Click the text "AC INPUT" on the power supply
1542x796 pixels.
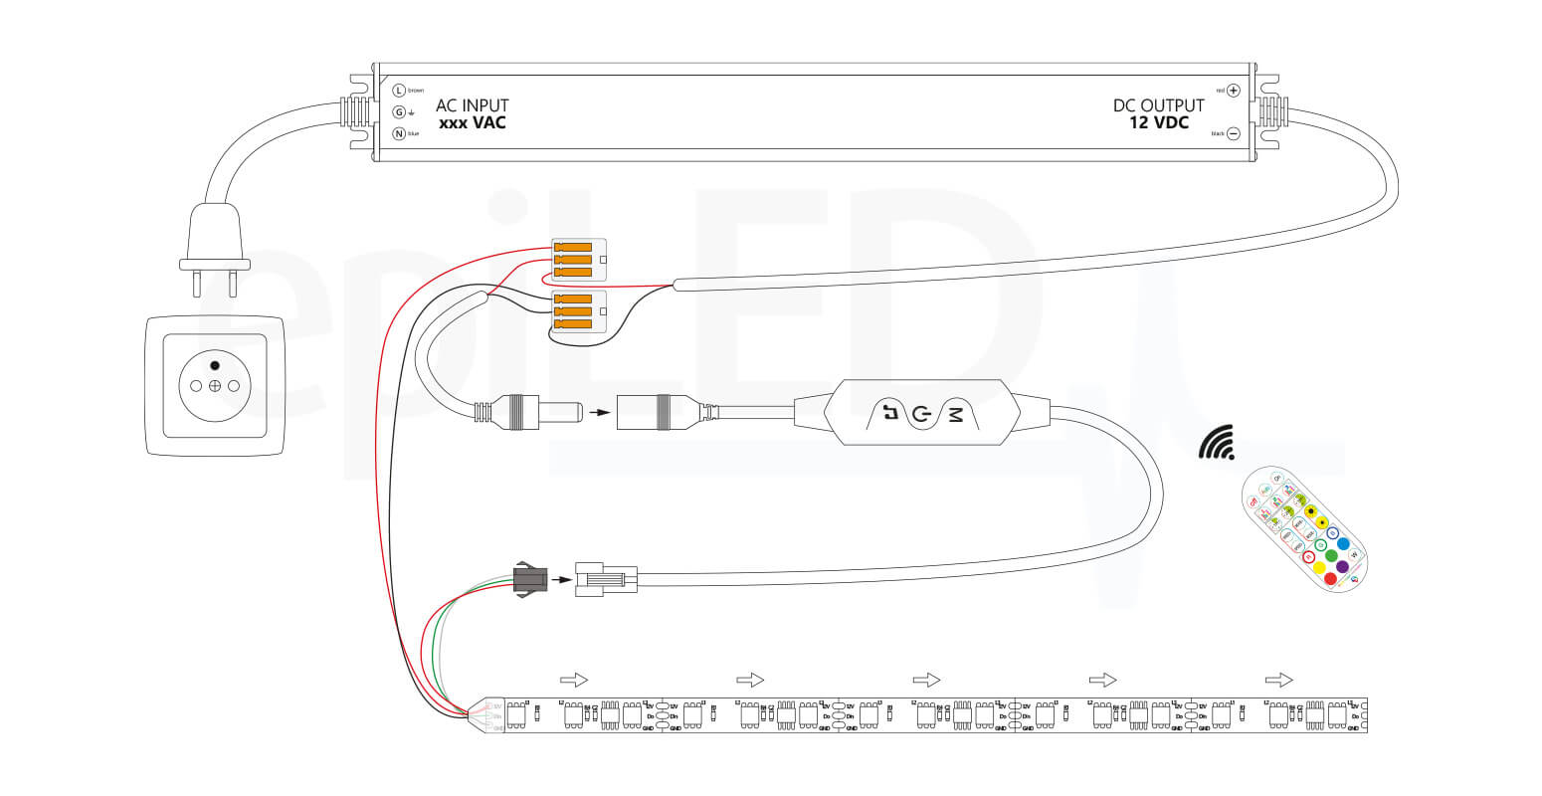[x=472, y=105]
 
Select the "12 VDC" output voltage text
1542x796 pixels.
[x=1158, y=123]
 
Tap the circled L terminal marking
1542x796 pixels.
[x=399, y=90]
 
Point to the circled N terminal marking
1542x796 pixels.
[x=399, y=133]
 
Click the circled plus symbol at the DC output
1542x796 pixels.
[x=1234, y=90]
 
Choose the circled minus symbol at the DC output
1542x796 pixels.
[x=1234, y=133]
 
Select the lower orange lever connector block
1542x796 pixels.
[x=578, y=311]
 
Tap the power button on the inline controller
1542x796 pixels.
[x=921, y=414]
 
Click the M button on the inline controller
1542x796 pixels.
[x=956, y=414]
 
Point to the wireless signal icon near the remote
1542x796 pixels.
[x=1216, y=444]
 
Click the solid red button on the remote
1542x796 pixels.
[x=1330, y=578]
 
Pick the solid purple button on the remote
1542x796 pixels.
[x=1343, y=567]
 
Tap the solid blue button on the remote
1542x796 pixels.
[x=1343, y=544]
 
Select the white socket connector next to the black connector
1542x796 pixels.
[x=605, y=579]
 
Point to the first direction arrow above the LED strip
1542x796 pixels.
[x=574, y=680]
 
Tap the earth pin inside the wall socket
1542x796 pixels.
[x=214, y=366]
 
